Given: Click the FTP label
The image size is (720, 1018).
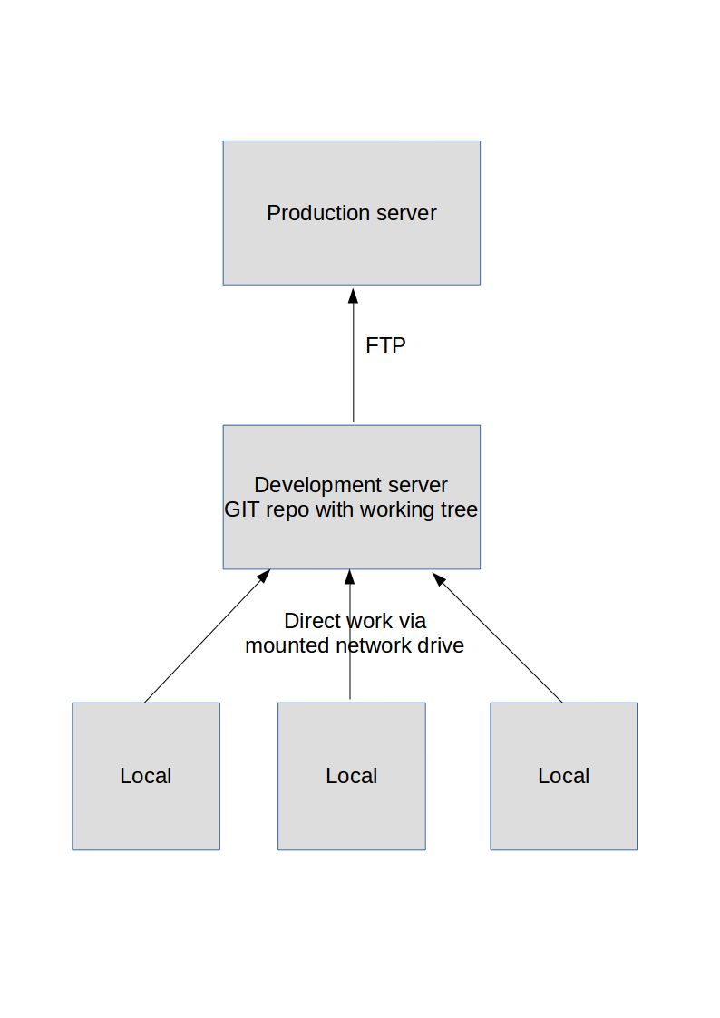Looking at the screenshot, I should (x=385, y=345).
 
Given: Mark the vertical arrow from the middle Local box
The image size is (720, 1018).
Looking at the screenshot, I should (x=350, y=671).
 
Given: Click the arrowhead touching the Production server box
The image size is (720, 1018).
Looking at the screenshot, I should (x=353, y=295).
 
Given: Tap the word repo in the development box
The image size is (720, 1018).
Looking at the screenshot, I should (x=287, y=509).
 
